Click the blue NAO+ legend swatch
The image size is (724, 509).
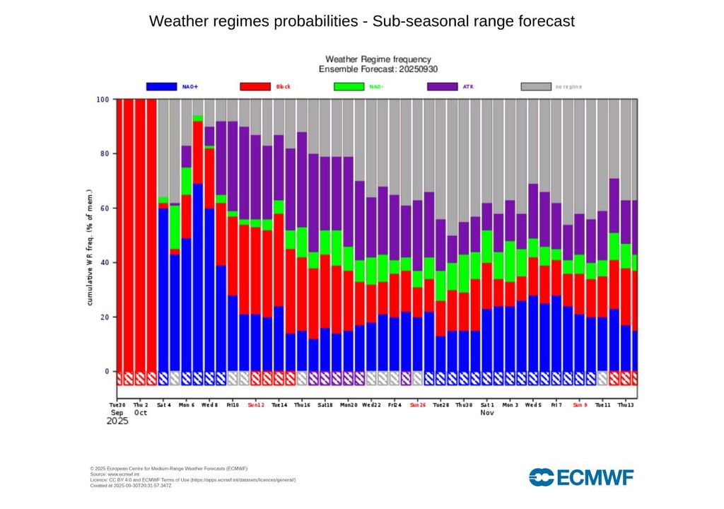[161, 86]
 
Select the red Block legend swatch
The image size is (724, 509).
[255, 86]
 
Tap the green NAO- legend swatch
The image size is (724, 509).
[349, 86]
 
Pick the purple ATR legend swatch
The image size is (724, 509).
[443, 86]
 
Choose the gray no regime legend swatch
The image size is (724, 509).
[536, 86]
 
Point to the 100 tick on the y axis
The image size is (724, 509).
[103, 100]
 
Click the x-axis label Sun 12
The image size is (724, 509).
[255, 406]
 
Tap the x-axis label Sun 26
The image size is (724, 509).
[417, 406]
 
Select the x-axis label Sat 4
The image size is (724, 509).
[164, 406]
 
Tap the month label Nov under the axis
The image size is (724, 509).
[488, 413]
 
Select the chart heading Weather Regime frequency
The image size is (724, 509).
[378, 59]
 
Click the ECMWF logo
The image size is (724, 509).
[581, 477]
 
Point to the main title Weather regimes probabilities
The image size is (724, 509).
[362, 21]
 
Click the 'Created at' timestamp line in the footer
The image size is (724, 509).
[131, 486]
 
